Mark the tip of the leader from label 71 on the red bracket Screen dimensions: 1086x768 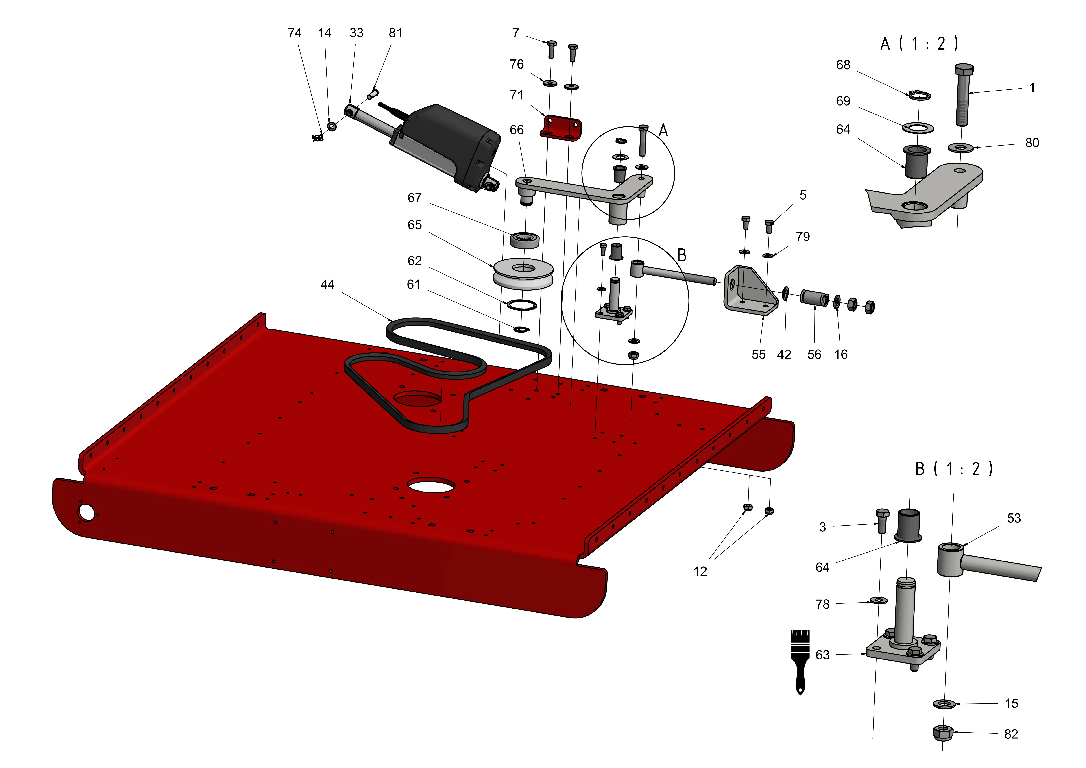pyautogui.click(x=547, y=117)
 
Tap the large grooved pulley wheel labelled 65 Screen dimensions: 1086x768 pyautogui.click(x=523, y=274)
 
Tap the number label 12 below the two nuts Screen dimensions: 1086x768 pyautogui.click(x=700, y=572)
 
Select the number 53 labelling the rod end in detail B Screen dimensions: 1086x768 pyautogui.click(x=1014, y=518)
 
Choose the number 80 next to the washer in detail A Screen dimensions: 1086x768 pyautogui.click(x=1032, y=143)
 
